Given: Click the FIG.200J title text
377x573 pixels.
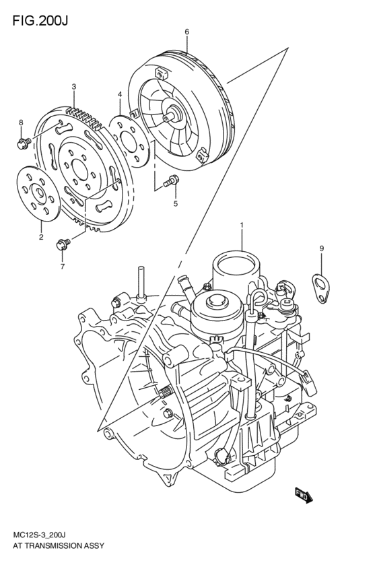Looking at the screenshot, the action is pyautogui.click(x=40, y=21).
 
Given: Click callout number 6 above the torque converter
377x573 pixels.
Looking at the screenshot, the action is pyautogui.click(x=186, y=32).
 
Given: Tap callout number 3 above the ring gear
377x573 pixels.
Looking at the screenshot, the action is pyautogui.click(x=74, y=87).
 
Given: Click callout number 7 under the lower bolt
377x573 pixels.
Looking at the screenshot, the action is pyautogui.click(x=63, y=267).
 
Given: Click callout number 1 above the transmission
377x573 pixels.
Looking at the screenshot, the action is pyautogui.click(x=242, y=224).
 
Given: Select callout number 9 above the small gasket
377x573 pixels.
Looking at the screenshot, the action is pyautogui.click(x=322, y=248).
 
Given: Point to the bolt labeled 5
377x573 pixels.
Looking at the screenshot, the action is pyautogui.click(x=171, y=181).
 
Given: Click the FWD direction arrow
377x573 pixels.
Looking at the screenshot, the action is pyautogui.click(x=304, y=496).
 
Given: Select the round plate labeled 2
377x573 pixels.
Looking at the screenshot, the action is pyautogui.click(x=39, y=194).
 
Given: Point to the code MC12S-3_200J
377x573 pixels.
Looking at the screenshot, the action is pyautogui.click(x=39, y=535).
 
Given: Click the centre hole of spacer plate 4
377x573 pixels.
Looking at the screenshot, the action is pyautogui.click(x=128, y=141).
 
